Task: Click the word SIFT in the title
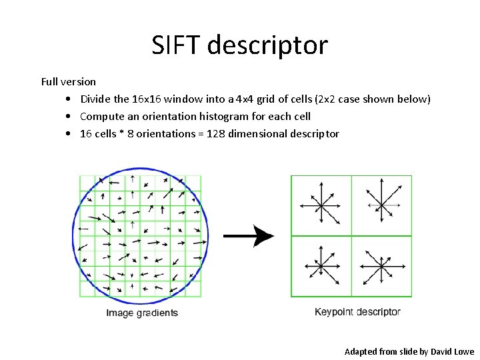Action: point(176,45)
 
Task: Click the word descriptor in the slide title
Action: point(268,45)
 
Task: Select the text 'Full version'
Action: point(69,82)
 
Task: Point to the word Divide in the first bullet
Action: point(95,99)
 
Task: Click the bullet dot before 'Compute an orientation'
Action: point(69,117)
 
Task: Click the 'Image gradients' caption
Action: point(142,313)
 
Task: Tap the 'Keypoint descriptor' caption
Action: point(357,312)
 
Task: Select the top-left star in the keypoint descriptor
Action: point(321,205)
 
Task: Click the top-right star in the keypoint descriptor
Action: point(381,204)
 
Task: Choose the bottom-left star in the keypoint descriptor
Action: point(321,266)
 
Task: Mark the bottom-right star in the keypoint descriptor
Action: point(381,267)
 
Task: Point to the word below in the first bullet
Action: point(413,99)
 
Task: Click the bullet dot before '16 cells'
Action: point(69,134)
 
